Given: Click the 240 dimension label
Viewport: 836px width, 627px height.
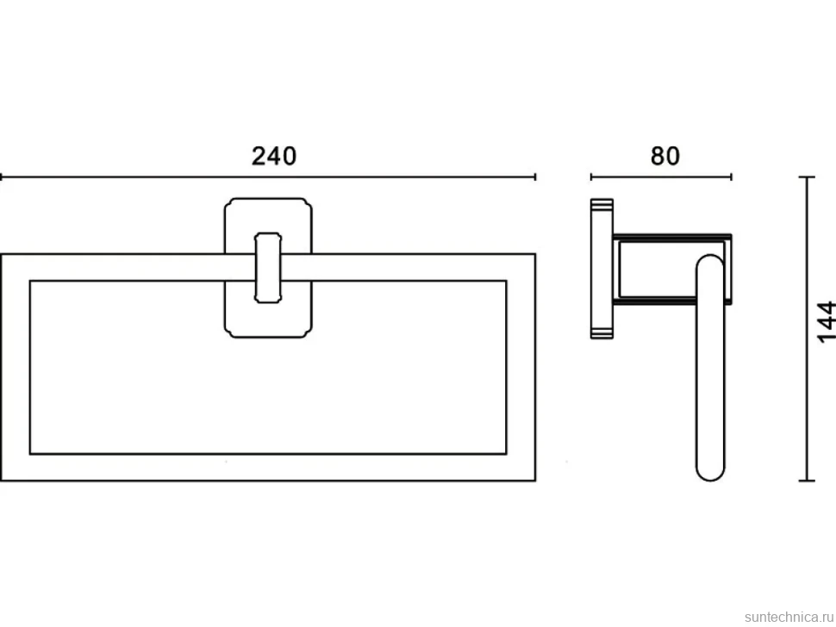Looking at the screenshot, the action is (274, 156).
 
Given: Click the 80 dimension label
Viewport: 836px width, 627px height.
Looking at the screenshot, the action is (664, 156).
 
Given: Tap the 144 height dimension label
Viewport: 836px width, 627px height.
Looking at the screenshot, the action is (826, 322).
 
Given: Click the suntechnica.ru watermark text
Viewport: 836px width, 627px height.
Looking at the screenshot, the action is (789, 617).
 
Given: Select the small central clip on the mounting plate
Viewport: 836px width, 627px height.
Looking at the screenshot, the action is (268, 267).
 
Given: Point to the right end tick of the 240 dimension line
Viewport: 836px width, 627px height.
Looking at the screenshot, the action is (534, 177).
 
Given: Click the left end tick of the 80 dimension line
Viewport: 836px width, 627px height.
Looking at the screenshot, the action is (590, 177).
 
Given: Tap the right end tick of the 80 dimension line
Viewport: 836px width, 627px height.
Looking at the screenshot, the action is (731, 177).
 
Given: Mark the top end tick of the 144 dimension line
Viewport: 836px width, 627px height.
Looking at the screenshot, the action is (807, 177).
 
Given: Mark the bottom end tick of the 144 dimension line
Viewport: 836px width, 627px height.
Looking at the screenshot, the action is (807, 481).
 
